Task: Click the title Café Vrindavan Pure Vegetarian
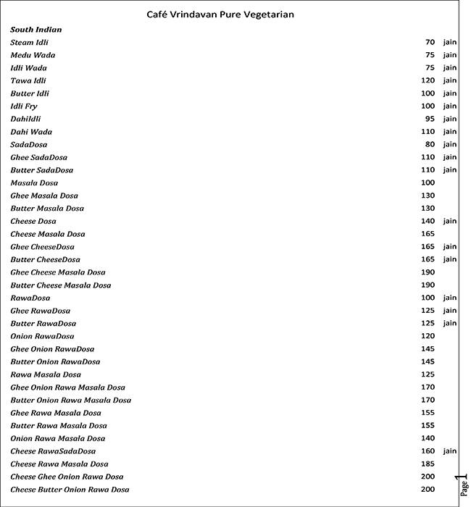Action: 220,14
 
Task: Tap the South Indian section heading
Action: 36,30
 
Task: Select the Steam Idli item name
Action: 30,43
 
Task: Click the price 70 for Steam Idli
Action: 430,43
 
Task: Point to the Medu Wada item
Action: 33,55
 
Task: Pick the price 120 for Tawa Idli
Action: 428,80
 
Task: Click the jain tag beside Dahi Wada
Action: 450,132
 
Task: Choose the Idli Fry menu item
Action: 24,106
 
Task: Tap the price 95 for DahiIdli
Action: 430,119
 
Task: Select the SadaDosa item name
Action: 29,145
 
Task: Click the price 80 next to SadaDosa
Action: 430,145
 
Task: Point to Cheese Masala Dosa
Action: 48,234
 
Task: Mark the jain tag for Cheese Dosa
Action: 450,221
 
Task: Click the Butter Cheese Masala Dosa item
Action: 61,285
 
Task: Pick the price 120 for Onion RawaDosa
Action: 428,336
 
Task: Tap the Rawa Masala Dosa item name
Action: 46,374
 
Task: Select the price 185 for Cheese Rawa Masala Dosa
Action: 428,464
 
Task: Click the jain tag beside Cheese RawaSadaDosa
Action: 450,451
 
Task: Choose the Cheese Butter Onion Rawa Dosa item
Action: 70,490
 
